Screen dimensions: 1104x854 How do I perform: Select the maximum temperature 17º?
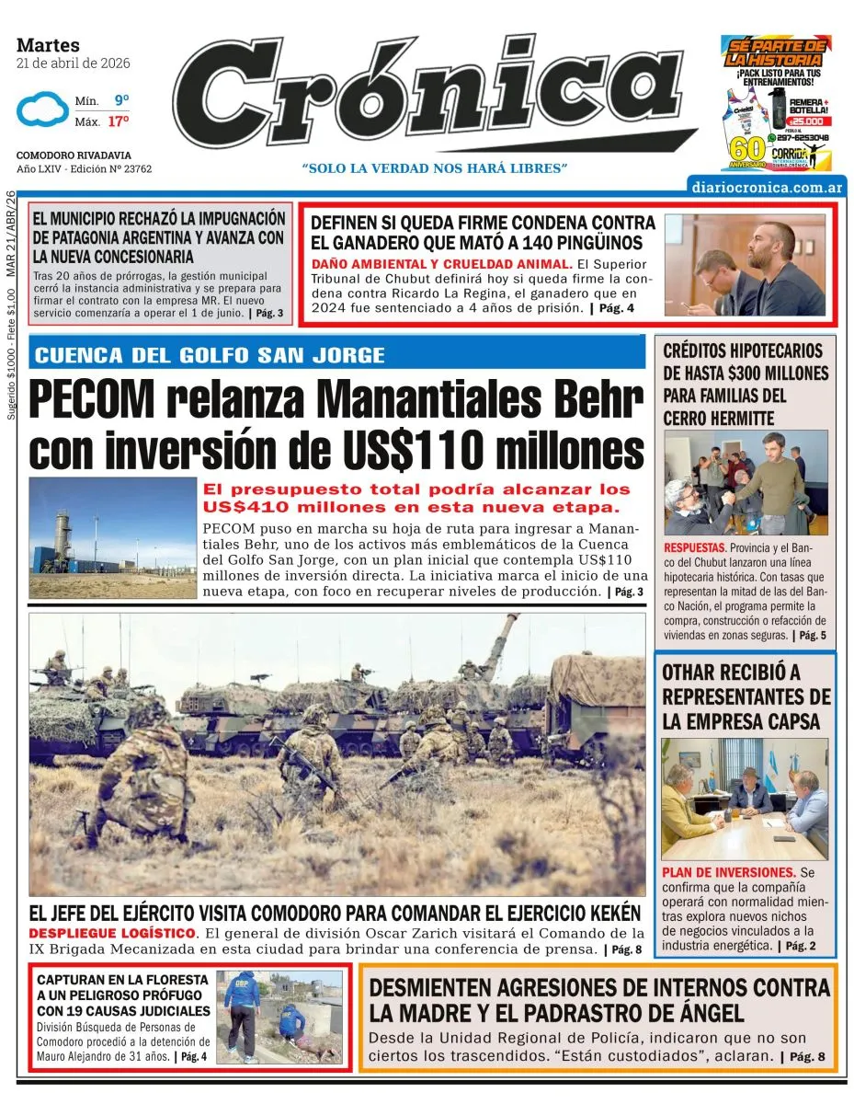pyautogui.click(x=119, y=121)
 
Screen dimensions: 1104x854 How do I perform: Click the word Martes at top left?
pyautogui.click(x=48, y=45)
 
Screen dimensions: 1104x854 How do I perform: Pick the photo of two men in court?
pyautogui.click(x=744, y=265)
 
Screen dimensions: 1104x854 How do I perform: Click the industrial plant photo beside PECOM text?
pyautogui.click(x=112, y=538)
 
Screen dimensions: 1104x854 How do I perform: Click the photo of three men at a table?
pyautogui.click(x=744, y=798)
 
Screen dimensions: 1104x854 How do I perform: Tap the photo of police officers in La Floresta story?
pyautogui.click(x=279, y=1017)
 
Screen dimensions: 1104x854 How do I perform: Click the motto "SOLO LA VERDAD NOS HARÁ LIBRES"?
pyautogui.click(x=435, y=168)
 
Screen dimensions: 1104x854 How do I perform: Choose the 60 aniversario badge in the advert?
pyautogui.click(x=746, y=148)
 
